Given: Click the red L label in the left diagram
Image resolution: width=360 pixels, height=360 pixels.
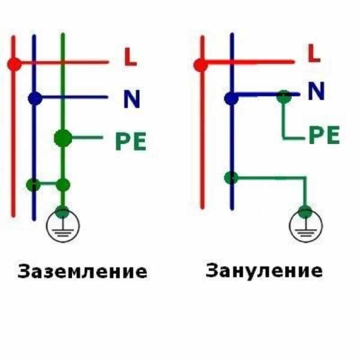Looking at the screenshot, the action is point(130,57).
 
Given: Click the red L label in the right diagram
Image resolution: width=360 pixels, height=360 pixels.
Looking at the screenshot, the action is point(314,53).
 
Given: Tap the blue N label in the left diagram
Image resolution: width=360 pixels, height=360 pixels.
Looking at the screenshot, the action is point(132,99).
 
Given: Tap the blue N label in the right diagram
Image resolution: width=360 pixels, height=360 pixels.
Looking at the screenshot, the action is point(316,91).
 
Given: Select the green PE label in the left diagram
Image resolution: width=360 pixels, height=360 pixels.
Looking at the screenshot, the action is point(131,141).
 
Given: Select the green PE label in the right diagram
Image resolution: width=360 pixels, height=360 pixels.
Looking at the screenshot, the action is point(324,135).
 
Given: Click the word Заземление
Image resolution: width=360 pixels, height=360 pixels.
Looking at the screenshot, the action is point(82,272).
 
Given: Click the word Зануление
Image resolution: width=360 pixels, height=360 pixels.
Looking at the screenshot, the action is point(264,271).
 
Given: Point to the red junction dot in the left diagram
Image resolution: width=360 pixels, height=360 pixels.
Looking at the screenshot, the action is point(14,64).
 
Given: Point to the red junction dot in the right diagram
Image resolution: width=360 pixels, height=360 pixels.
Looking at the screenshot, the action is point(200,65).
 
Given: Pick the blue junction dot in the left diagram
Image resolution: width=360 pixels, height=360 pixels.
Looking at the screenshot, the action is point(35,98).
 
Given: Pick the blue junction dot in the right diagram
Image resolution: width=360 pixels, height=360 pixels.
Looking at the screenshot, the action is point(232,98).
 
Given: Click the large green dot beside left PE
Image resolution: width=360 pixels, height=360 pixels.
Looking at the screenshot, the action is point(63,138).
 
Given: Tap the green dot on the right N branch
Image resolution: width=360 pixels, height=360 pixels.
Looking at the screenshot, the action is point(284,97).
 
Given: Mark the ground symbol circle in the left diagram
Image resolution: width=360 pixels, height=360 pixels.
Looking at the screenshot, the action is point(63,226).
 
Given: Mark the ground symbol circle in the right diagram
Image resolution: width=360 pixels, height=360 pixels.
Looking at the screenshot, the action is point(306,226).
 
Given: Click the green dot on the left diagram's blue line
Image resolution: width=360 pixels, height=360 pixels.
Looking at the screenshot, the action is point(34,185).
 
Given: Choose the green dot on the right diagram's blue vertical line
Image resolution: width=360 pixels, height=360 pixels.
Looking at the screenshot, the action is point(232,178).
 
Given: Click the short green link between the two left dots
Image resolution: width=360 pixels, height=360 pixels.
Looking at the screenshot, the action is point(48,183).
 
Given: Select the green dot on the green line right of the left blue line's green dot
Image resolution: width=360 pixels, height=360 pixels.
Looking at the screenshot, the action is point(63,185).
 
